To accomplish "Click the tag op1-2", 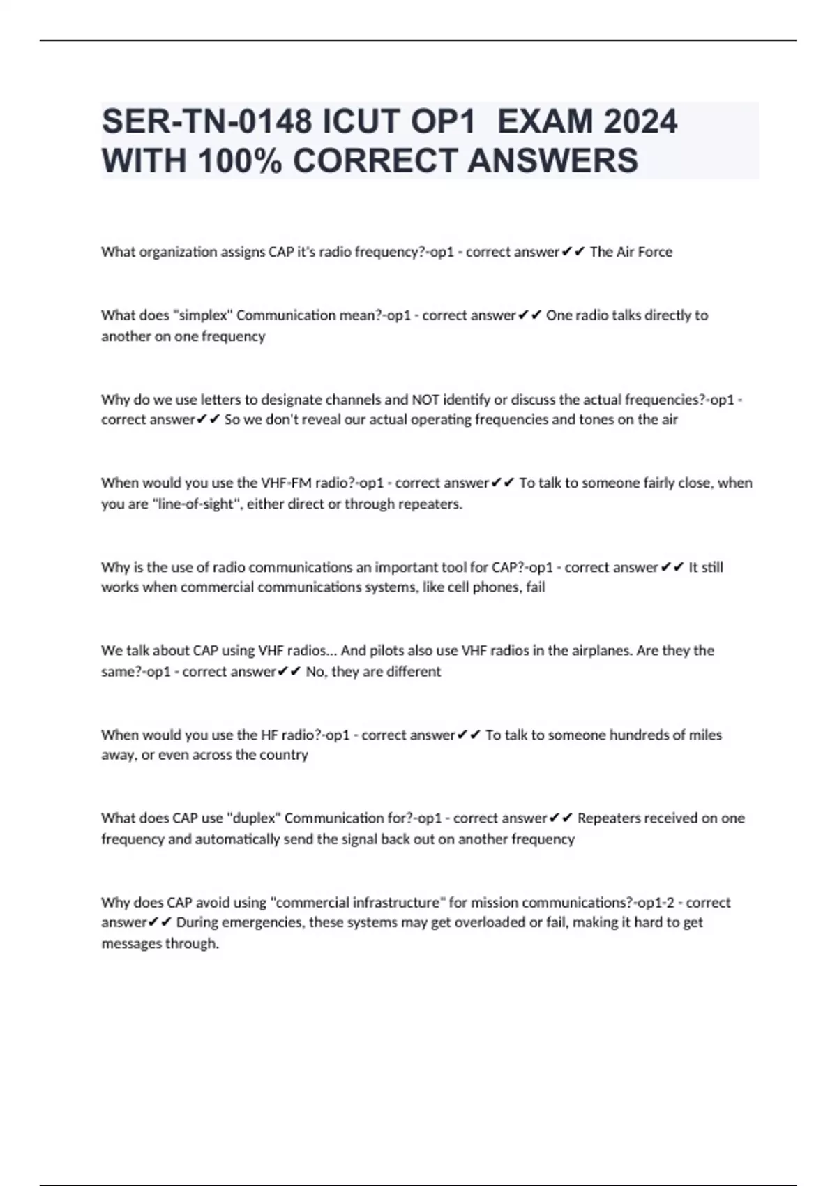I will click(654, 903).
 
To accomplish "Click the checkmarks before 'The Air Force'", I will click(573, 252).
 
